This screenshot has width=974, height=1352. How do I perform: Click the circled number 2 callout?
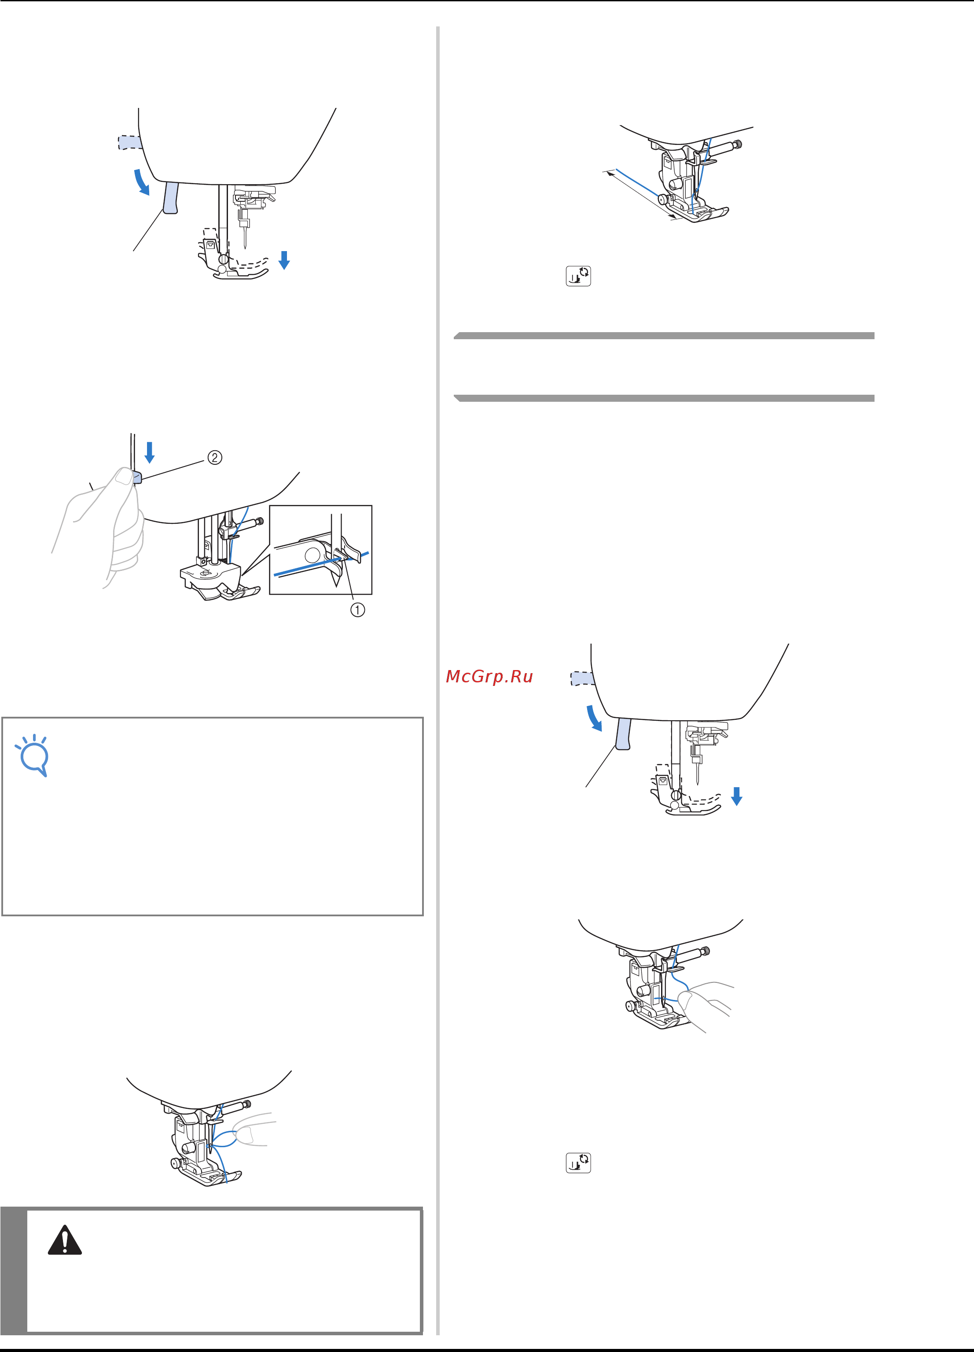[x=214, y=458]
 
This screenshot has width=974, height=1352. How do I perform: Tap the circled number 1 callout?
[x=357, y=610]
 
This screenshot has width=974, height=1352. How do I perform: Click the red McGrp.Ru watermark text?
[x=489, y=677]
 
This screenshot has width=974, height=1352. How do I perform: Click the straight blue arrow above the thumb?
[x=150, y=452]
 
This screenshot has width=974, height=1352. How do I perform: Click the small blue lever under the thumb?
[x=137, y=477]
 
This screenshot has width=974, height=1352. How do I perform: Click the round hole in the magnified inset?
[x=312, y=556]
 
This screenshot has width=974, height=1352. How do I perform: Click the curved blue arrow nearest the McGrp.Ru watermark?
[x=593, y=718]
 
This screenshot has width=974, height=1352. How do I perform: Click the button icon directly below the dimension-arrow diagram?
[x=578, y=276]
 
